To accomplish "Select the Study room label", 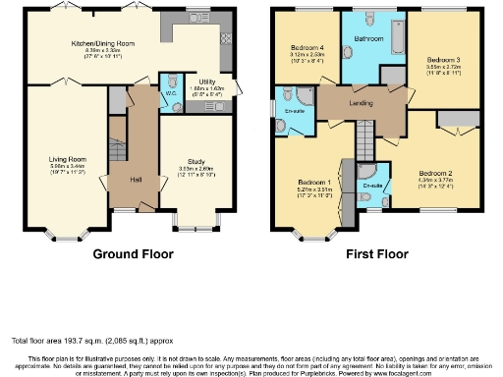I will tap(194, 163).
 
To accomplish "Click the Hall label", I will tap(139, 179).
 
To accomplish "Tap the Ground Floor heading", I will tap(133, 253).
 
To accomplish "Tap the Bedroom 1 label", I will tap(312, 182).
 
